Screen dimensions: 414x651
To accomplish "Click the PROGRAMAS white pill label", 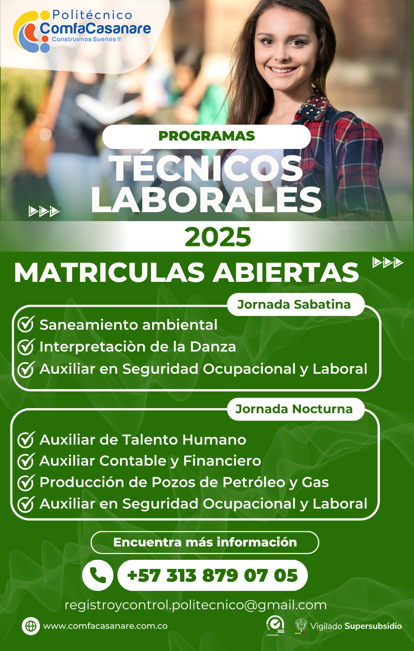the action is pos(207,137).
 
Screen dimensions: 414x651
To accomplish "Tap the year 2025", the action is pos(218,237).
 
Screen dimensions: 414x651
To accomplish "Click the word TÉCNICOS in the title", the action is pos(207,168).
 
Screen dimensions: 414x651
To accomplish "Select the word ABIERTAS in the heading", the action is pos(286,273).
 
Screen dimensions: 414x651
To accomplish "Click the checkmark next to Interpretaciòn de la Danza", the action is pos(26,347).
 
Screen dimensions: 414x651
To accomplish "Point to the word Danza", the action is pos(213,347).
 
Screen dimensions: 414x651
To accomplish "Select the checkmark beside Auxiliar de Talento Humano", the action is pos(26,440).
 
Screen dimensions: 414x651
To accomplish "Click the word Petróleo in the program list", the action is pos(253,482).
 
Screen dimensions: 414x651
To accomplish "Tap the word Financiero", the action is pos(222,461).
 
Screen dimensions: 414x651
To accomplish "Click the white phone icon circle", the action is pos(97,575).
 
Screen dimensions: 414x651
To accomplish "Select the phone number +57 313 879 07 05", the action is pos(212,576).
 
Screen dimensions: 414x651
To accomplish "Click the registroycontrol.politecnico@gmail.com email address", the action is pos(195,605).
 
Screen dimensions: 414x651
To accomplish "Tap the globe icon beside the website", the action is pos(31,626).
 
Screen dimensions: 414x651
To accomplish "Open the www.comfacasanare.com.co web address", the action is pos(105,626).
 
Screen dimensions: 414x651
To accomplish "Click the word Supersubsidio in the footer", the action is pos(373,626).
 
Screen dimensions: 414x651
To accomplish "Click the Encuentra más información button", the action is pos(205,543).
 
